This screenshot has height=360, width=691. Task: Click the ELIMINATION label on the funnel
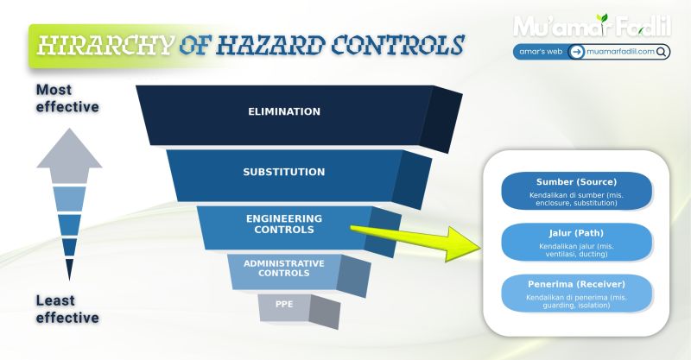[x=284, y=112]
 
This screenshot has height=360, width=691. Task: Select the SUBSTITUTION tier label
[x=284, y=172]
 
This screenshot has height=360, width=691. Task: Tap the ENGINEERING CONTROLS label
[x=284, y=224]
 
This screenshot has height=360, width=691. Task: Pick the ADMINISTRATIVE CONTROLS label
[x=283, y=268]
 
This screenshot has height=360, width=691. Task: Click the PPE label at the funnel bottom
[x=283, y=304]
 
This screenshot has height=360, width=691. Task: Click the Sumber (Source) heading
[x=576, y=182]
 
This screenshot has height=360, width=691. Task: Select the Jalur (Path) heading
[x=576, y=233]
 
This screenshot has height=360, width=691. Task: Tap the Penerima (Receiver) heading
[x=576, y=284]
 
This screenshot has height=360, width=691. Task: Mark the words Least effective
[x=67, y=309]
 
